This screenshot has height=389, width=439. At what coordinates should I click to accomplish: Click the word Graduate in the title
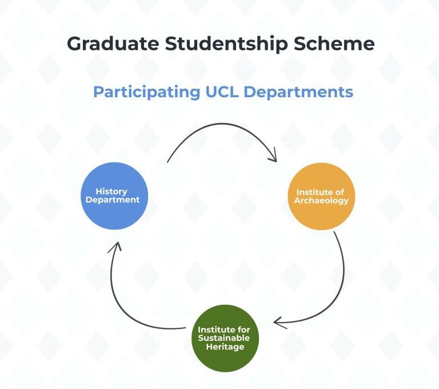(113, 43)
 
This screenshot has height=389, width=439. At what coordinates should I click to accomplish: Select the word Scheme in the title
(334, 43)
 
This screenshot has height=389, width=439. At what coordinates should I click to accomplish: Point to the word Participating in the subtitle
(147, 92)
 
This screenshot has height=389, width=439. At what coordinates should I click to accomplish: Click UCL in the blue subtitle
(222, 92)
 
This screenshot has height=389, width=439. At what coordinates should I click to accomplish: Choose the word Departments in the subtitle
(298, 92)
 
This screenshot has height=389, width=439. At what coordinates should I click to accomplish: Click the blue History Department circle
(114, 196)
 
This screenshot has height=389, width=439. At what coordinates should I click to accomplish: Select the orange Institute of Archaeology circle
(321, 196)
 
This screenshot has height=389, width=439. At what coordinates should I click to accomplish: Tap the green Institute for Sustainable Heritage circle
(225, 338)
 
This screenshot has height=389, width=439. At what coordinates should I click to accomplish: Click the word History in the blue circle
(111, 192)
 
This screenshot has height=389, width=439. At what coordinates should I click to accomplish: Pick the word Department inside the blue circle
(113, 200)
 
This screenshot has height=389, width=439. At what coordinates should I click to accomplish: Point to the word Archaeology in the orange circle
(321, 201)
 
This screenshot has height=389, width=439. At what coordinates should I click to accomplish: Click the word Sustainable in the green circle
(224, 338)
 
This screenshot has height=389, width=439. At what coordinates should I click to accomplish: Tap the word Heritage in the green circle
(225, 347)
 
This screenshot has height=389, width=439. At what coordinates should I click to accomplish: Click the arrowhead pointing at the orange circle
(274, 156)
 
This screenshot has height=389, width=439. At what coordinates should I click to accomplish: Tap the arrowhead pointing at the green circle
(279, 323)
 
